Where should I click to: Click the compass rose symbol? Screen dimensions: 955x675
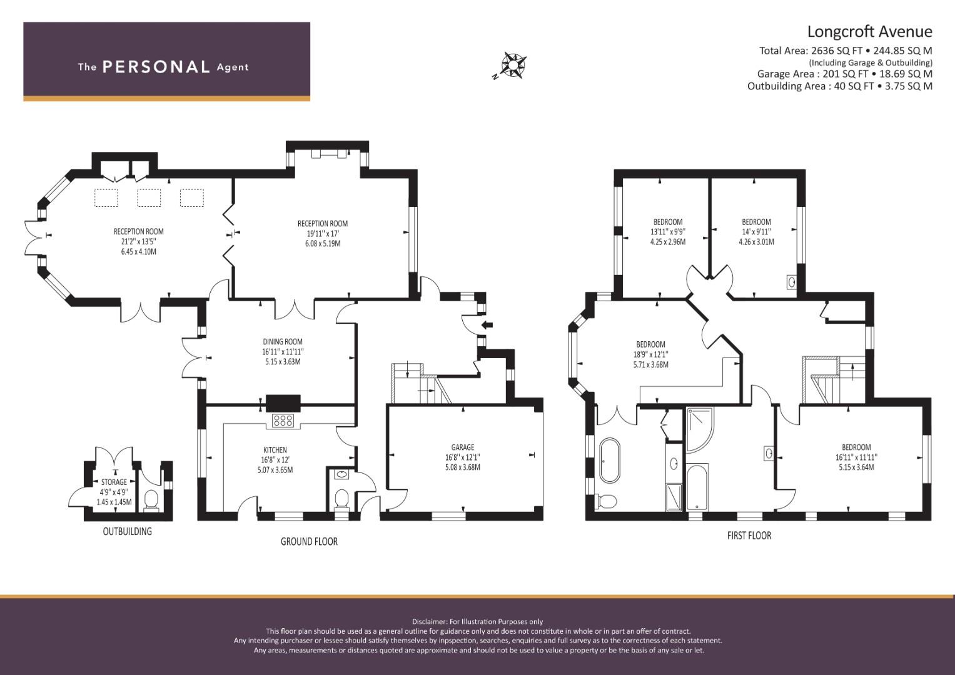(514, 66)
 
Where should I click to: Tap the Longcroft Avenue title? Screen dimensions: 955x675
(870, 31)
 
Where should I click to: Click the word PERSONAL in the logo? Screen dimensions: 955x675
(156, 67)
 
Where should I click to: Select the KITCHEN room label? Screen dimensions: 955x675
(275, 450)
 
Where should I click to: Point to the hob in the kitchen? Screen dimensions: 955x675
(283, 421)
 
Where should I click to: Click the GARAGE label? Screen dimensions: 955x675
(463, 447)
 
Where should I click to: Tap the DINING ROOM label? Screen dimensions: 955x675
(283, 342)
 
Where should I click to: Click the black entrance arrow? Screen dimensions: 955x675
(487, 325)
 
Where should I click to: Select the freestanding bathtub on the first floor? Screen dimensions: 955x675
(610, 460)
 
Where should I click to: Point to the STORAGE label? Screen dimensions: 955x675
(114, 482)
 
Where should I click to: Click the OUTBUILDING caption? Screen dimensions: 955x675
(128, 531)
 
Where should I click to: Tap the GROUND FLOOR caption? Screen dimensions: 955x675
(309, 542)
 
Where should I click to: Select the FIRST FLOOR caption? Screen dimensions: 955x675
(749, 536)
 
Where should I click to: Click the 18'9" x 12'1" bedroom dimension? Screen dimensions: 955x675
(650, 354)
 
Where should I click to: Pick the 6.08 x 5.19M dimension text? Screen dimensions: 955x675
(323, 244)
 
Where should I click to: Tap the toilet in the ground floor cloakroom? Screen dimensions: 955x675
(341, 499)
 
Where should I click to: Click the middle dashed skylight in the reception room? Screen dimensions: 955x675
(149, 197)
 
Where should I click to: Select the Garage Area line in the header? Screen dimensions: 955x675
(844, 74)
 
